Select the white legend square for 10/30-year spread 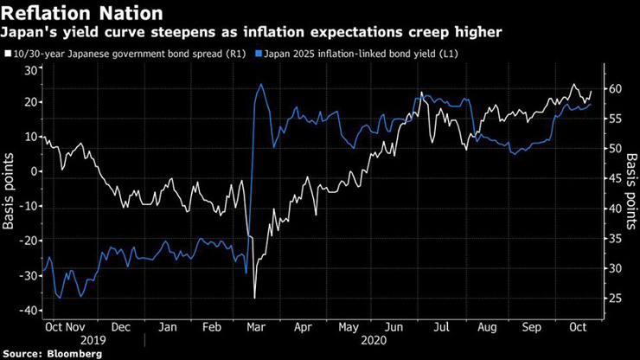click(x=8, y=54)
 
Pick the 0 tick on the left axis click(x=35, y=171)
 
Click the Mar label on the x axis click(x=257, y=328)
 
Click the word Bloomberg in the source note click(x=74, y=354)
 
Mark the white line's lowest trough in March click(x=254, y=298)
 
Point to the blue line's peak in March click(x=259, y=84)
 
